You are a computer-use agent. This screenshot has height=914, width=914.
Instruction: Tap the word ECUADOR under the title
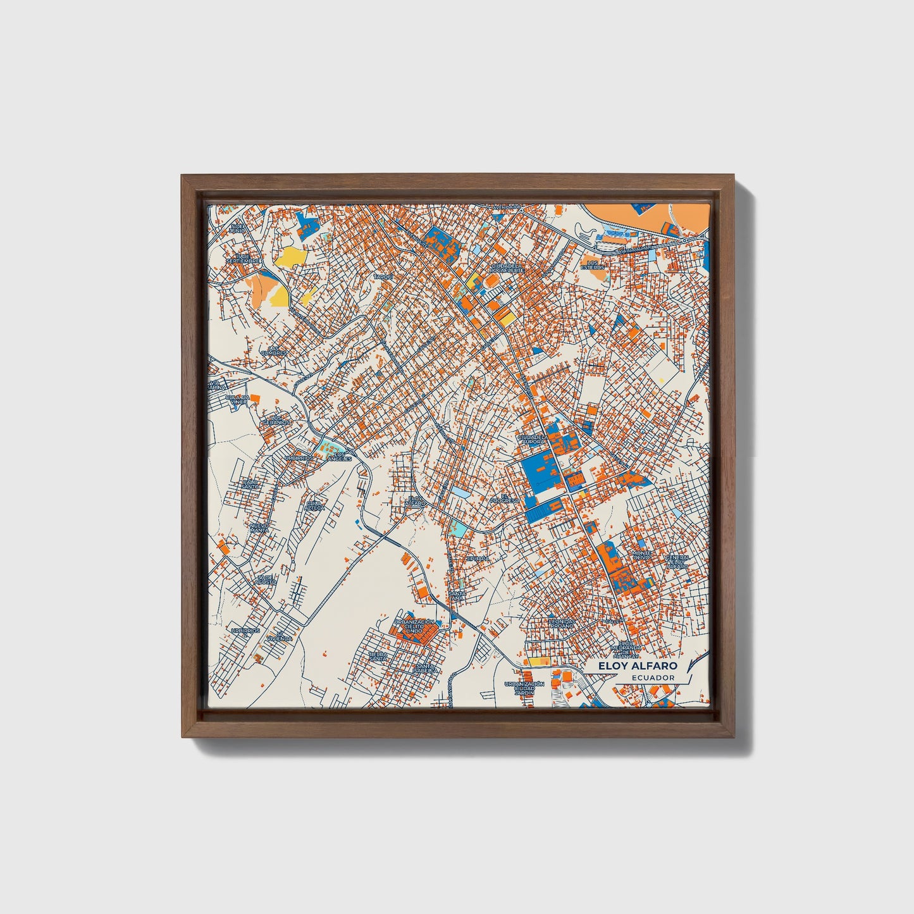pyautogui.click(x=652, y=677)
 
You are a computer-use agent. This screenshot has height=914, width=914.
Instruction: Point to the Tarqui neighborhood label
pyautogui.click(x=383, y=277)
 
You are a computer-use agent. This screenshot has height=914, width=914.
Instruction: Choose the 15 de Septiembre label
pyautogui.click(x=243, y=259)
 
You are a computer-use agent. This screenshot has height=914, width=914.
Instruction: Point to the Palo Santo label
pyautogui.click(x=250, y=484)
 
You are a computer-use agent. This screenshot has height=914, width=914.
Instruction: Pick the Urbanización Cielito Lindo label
pyautogui.click(x=414, y=627)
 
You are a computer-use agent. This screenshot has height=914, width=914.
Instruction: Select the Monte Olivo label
pyautogui.click(x=641, y=555)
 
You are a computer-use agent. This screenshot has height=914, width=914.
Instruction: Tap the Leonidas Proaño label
pyautogui.click(x=562, y=623)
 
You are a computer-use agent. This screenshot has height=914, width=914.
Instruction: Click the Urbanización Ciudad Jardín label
pyautogui.click(x=524, y=689)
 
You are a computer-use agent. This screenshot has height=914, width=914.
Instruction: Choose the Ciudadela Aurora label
pyautogui.click(x=532, y=439)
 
